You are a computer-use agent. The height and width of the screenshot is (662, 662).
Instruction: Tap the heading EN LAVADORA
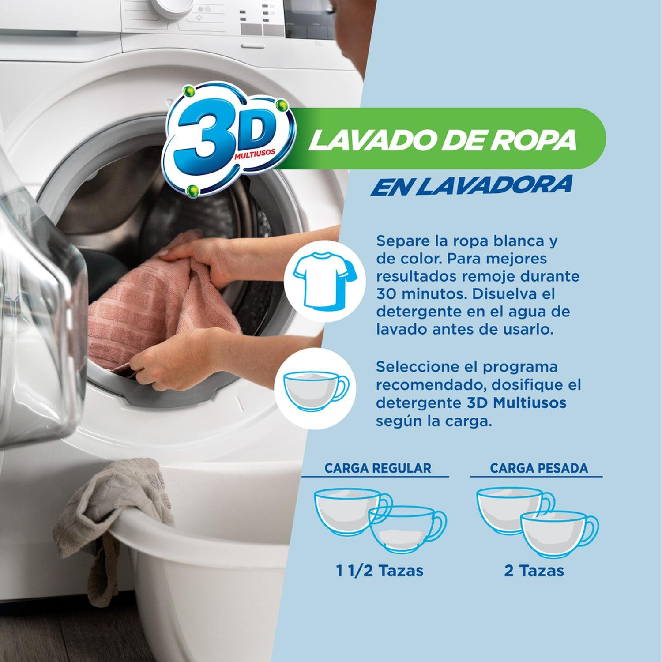[471, 185]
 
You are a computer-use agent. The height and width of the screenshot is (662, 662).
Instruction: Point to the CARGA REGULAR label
[377, 468]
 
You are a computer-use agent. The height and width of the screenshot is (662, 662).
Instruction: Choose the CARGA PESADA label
[539, 468]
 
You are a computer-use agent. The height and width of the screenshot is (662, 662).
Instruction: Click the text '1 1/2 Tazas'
[380, 571]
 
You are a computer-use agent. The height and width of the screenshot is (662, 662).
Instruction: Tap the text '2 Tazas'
[534, 571]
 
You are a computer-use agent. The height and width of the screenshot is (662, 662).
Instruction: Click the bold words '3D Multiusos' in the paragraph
[516, 403]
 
